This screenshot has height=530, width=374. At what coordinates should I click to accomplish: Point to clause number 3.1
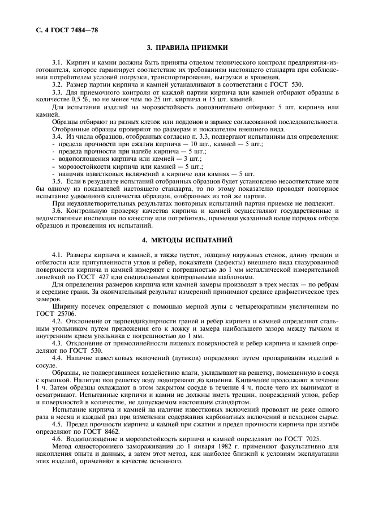pos(57,76)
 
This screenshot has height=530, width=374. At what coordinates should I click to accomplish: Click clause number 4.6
pos(57,438)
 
